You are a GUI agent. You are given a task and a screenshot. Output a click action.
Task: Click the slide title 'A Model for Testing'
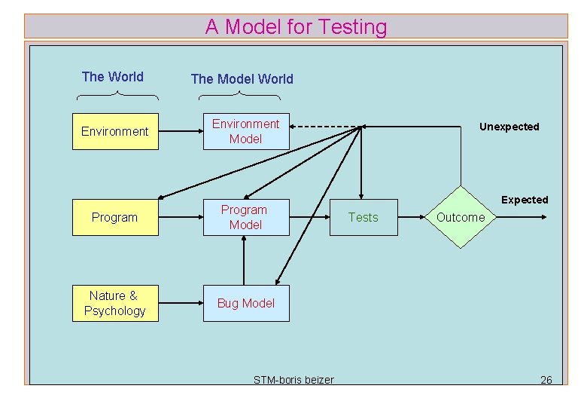296,27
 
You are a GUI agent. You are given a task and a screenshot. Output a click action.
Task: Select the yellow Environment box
115,131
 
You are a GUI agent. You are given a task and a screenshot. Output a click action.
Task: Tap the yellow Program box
115,217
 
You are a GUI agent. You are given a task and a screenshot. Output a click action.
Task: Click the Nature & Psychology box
115,303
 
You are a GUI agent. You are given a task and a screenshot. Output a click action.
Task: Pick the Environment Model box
246,131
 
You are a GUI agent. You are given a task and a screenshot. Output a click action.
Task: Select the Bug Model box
246,303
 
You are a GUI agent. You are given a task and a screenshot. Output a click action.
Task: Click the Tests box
363,217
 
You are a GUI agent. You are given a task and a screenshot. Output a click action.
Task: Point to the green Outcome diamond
461,217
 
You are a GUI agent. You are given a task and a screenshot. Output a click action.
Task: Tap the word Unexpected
509,127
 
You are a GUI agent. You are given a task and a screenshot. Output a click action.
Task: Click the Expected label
525,200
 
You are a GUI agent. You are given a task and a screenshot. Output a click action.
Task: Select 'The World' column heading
113,76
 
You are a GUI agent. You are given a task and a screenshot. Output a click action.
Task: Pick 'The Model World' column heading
242,78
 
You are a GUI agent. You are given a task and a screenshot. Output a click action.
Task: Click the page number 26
546,379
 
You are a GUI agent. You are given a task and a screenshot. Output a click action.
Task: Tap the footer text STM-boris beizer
293,379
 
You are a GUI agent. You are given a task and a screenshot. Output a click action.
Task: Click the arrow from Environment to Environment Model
181,131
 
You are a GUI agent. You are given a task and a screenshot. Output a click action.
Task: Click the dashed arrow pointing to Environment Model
324,127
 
